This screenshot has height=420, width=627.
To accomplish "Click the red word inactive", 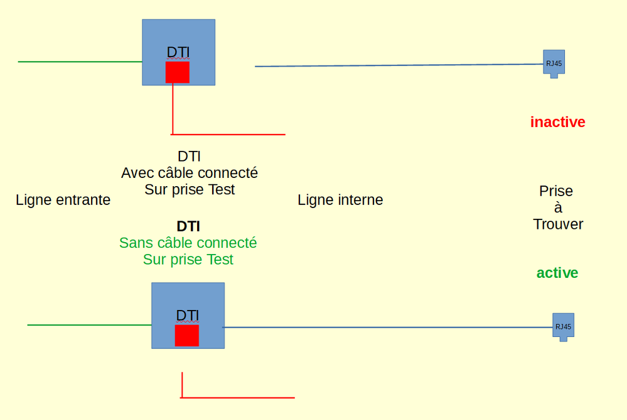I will point(557,122).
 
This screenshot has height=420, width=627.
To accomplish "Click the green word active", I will point(557,273).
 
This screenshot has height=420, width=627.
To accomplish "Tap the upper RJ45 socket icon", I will point(554,63).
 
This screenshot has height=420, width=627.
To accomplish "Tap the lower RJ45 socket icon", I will point(563,326).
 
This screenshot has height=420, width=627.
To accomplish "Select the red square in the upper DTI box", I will point(178,72).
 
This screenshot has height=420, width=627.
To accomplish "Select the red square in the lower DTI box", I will point(187,335).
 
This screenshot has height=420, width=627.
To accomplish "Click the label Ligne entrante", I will point(63,200).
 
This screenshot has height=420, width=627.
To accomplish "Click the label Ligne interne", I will point(340,200).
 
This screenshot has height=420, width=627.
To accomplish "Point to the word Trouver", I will point(558,224).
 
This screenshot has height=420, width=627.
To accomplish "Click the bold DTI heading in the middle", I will point(188,226).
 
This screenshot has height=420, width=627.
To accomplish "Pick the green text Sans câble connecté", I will point(188,243).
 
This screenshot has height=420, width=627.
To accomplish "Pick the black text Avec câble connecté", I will point(190,172).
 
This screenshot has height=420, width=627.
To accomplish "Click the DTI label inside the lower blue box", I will point(188,316).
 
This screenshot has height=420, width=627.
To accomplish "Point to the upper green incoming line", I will point(80,62).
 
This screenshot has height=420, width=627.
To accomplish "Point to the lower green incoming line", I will point(89,325).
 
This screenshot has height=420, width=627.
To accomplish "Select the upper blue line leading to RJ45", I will point(399,65).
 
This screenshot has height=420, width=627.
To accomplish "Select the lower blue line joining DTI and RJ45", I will point(388,327).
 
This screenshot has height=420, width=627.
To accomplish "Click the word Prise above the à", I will point(556,191).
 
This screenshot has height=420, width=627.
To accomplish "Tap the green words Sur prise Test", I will point(188,259).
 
